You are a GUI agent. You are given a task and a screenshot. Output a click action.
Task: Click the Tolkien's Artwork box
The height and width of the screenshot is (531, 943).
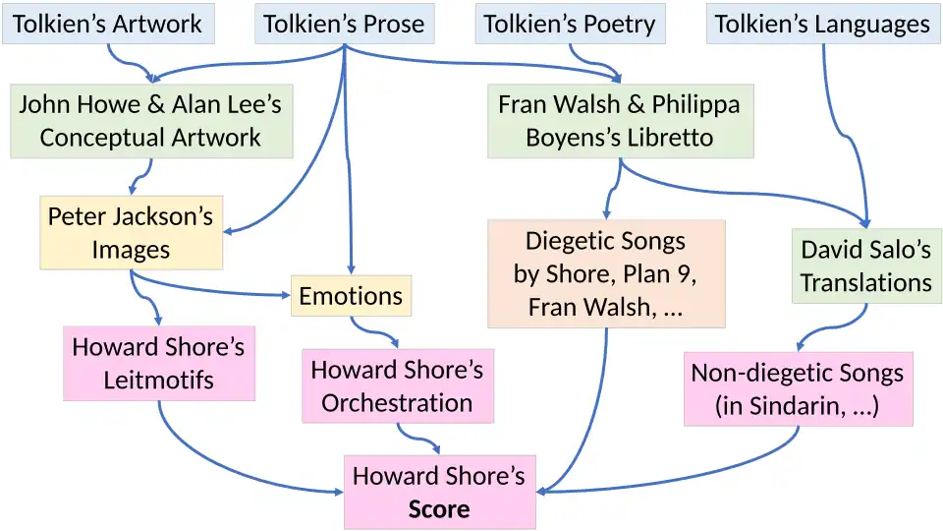(x=107, y=25)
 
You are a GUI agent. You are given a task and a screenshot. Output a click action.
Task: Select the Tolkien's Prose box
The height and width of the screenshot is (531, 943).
(x=344, y=25)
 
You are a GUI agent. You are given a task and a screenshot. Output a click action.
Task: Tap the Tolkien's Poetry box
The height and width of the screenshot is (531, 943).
(x=570, y=25)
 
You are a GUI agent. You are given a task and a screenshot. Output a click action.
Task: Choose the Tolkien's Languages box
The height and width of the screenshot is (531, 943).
(x=822, y=25)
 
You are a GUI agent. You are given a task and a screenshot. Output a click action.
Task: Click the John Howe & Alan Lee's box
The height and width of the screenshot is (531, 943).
(x=151, y=121)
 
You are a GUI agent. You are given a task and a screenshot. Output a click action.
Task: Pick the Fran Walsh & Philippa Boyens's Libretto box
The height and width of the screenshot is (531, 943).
(x=620, y=121)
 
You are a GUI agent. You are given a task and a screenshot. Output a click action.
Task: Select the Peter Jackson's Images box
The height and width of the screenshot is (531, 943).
(x=131, y=233)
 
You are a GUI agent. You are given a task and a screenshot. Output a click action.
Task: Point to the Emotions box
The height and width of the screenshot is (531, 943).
(x=351, y=296)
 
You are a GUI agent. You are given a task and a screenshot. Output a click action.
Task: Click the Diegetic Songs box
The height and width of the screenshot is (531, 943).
(x=605, y=273)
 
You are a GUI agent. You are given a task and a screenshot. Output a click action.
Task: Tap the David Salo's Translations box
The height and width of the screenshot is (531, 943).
(x=865, y=265)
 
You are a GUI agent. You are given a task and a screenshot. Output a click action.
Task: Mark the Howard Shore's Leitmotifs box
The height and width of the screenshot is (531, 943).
(x=158, y=363)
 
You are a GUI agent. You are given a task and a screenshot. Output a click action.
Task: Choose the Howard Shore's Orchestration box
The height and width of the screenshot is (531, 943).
(x=397, y=386)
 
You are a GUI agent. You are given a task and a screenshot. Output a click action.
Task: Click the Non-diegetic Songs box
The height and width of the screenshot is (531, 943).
(x=797, y=388)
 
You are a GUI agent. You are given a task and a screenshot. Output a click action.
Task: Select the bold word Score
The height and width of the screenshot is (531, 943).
(x=439, y=509)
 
